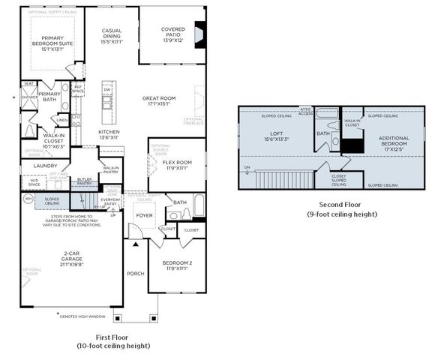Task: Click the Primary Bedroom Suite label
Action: (52, 41)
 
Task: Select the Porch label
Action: (136, 273)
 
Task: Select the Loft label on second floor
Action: (277, 136)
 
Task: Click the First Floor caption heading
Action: (112, 337)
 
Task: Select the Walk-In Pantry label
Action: (111, 169)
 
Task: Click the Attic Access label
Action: (305, 112)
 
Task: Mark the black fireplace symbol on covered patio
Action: (199, 36)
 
